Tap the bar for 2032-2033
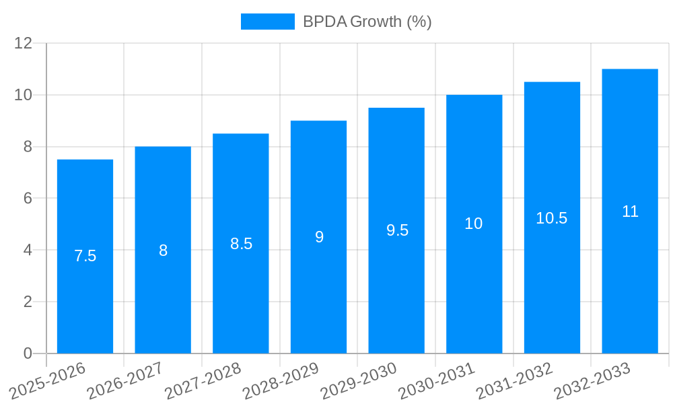630,283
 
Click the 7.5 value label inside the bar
85,256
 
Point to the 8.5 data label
241,244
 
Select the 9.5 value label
397,230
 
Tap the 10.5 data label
552,218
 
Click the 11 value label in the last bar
630,211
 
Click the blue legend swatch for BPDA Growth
267,22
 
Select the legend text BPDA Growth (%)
367,22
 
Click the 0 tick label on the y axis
28,353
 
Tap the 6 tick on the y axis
28,199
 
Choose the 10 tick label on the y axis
24,95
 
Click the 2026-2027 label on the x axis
125,381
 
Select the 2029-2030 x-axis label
359,381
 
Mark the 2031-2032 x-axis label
515,381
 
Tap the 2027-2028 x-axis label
203,381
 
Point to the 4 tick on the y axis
28,250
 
